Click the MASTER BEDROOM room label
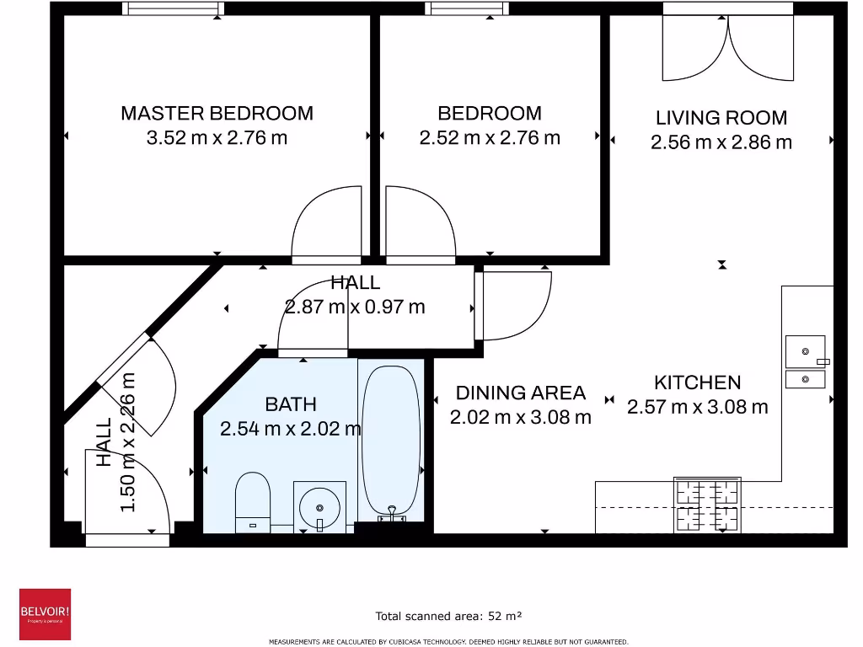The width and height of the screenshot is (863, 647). coord(217,114)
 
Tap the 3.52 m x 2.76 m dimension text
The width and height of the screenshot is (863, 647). coord(217,137)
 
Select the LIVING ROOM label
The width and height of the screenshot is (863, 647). coord(721,118)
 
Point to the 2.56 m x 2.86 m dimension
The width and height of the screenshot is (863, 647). coord(721,142)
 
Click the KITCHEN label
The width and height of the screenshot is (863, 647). coord(697,382)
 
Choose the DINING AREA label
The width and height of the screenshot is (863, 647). coord(521,393)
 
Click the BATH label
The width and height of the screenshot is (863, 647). coord(291,404)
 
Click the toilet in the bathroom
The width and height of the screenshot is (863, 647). coord(253,503)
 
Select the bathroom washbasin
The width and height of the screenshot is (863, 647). coord(319,507)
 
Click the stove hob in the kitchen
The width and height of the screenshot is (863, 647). coord(707,505)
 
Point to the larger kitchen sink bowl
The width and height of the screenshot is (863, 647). coord(805,351)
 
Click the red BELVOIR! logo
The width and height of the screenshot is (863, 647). coord(46,614)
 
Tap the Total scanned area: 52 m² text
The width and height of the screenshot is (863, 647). coord(448,616)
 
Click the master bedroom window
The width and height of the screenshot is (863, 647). coord(173,8)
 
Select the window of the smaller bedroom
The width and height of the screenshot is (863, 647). coord(467,8)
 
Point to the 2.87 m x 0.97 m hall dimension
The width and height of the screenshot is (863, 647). coord(355,307)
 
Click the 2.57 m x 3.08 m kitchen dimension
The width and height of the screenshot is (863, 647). coord(697,407)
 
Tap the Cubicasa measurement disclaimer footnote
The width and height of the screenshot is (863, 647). coord(448,641)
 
